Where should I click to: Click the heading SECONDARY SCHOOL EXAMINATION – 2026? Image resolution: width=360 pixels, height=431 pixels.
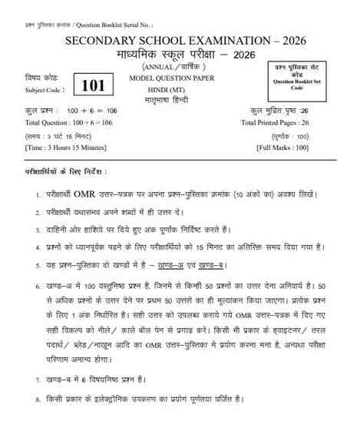click(x=180, y=41)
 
